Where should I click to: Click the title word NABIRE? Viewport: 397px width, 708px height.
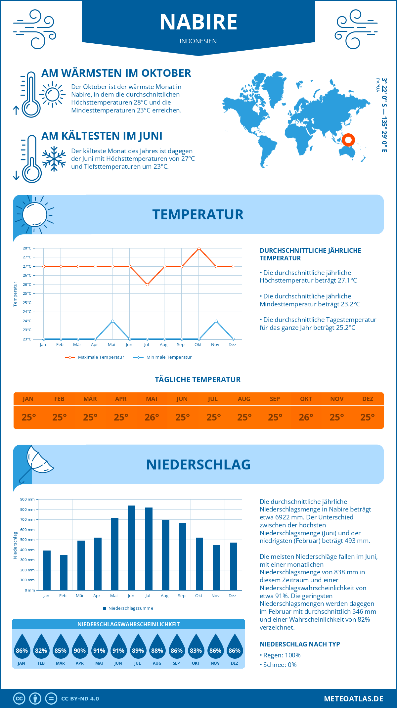coord(198,22)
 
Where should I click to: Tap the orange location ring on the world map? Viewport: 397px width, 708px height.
coord(348,140)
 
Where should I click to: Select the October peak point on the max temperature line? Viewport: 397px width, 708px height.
coord(199,248)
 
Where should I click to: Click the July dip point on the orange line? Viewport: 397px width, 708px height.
coord(147,285)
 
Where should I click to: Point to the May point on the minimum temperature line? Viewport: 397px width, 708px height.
coord(113,321)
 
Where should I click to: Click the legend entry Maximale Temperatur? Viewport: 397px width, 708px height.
coord(95,357)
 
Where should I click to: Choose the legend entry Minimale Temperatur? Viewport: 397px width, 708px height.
coord(162,357)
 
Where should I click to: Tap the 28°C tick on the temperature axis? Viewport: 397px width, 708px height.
coord(27,248)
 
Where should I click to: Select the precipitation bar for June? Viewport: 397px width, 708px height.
coord(132,548)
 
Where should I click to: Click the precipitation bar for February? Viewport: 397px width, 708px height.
coord(64,573)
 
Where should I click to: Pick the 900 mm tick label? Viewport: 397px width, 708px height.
coord(27,499)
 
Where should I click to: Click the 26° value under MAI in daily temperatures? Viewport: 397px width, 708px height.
coord(152,417)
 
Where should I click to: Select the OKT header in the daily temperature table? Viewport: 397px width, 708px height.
coord(306,399)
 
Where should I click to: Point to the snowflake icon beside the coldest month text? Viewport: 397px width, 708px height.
coord(54,159)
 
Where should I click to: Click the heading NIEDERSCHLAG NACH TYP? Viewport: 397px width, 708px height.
coord(300,644)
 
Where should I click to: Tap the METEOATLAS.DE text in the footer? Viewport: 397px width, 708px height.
coord(353,699)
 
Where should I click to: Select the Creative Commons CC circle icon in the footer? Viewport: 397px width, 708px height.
coord(19,699)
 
